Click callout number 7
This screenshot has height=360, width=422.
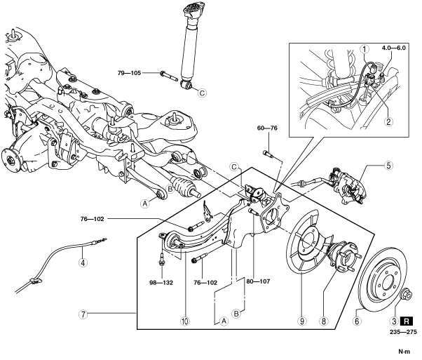pyautogui.click(x=83, y=314)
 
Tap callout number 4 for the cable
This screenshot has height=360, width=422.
pyautogui.click(x=83, y=262)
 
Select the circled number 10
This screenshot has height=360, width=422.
pyautogui.click(x=185, y=321)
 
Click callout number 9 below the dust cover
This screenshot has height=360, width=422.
pyautogui.click(x=301, y=321)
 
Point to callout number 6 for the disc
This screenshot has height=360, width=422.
pyautogui.click(x=357, y=321)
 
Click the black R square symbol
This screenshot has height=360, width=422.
pyautogui.click(x=407, y=321)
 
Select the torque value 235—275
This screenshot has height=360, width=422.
pyautogui.click(x=403, y=332)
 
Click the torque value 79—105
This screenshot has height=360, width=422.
pyautogui.click(x=129, y=73)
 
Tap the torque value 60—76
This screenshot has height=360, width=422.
pyautogui.click(x=267, y=128)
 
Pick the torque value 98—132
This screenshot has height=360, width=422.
pyautogui.click(x=161, y=283)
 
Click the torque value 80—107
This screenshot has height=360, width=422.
pyautogui.click(x=257, y=281)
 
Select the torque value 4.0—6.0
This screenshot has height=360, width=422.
pyautogui.click(x=394, y=48)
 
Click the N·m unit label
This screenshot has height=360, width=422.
pyautogui.click(x=404, y=352)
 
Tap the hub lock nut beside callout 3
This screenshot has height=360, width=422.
pyautogui.click(x=407, y=296)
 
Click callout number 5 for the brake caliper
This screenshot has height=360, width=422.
pyautogui.click(x=388, y=166)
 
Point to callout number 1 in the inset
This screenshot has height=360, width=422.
pyautogui.click(x=365, y=49)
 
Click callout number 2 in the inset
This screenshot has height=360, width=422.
pyautogui.click(x=388, y=122)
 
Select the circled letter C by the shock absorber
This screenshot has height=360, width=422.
pyautogui.click(x=202, y=93)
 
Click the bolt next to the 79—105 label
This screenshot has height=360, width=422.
pyautogui.click(x=169, y=76)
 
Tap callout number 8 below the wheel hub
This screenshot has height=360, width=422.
pyautogui.click(x=323, y=321)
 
